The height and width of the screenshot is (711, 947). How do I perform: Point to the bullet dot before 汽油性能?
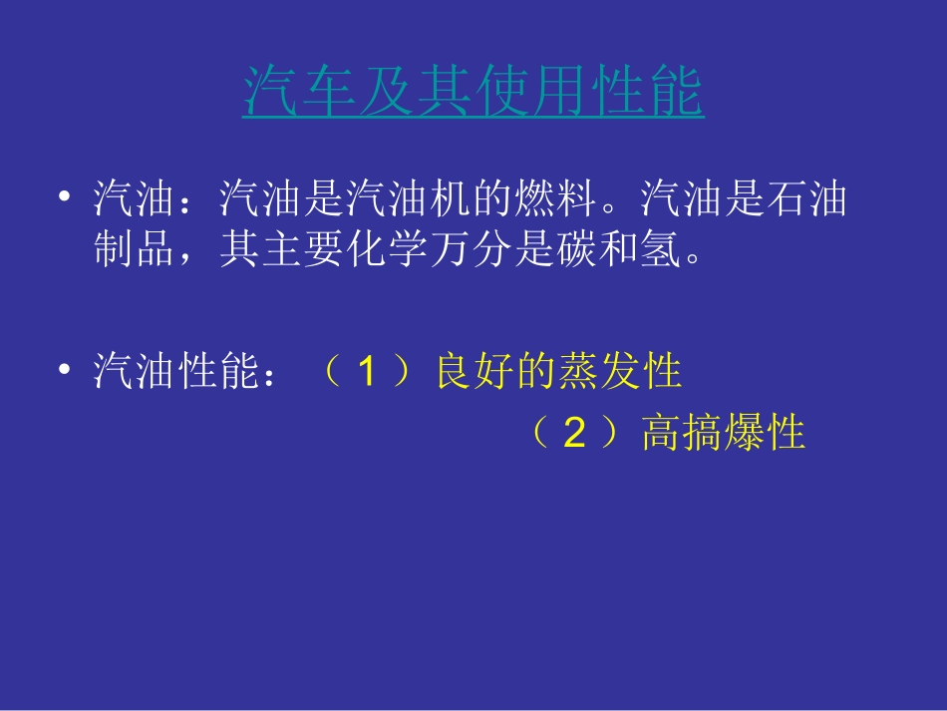coord(65,371)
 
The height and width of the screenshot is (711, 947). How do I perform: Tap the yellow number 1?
coord(368,373)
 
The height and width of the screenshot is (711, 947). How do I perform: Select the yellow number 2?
coord(573,434)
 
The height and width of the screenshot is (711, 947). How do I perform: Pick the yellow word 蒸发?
coord(597,373)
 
